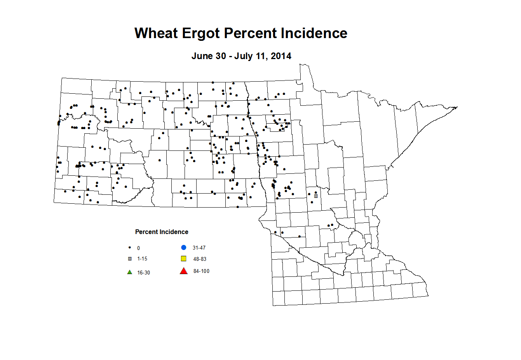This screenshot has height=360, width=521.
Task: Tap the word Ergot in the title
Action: tap(201, 33)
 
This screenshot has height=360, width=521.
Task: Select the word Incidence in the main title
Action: tap(314, 33)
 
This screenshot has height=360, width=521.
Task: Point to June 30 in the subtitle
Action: tap(209, 56)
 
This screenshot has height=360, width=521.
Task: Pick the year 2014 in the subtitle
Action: tap(281, 56)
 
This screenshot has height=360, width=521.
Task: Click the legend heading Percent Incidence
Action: tap(162, 232)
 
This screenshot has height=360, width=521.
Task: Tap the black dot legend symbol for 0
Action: tap(130, 248)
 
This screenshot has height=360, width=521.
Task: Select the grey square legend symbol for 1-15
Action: tap(130, 259)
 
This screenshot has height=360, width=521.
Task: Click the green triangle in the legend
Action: tap(130, 272)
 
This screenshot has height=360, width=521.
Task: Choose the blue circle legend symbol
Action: tap(184, 247)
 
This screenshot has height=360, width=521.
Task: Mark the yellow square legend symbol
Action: tap(184, 259)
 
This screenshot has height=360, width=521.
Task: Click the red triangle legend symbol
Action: tap(184, 271)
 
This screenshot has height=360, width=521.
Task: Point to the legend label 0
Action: tap(139, 248)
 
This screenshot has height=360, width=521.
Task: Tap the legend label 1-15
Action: tap(142, 259)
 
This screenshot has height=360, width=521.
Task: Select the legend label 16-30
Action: tap(143, 273)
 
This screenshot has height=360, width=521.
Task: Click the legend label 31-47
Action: tap(199, 248)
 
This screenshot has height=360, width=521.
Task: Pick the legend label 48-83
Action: tap(200, 259)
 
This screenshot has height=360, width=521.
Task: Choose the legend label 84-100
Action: tap(201, 271)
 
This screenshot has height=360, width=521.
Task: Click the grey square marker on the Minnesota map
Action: tap(316, 196)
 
